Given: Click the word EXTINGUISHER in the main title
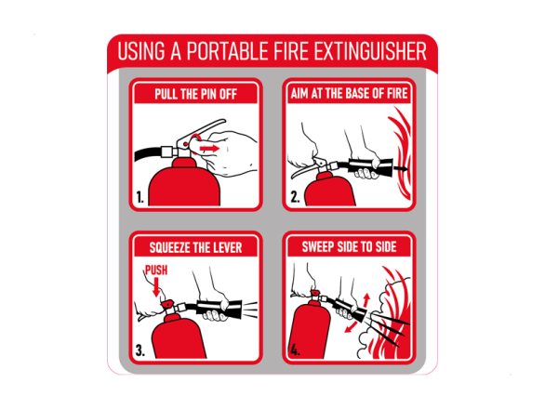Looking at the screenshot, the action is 370,51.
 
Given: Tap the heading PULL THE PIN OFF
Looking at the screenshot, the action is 195,94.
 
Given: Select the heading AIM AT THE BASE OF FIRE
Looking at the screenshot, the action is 349,94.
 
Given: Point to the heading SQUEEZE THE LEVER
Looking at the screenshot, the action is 195,248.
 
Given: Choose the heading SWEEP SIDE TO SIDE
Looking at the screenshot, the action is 349,246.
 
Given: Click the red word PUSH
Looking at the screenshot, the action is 156,270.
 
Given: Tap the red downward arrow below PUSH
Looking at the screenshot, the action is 156,287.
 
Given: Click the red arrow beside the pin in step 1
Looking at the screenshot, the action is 209,149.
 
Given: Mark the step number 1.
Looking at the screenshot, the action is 140,198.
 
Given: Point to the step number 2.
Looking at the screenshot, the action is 295,197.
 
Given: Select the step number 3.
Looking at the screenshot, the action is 140,350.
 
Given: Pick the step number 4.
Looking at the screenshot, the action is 295,350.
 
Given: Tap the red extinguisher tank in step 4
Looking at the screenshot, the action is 311,330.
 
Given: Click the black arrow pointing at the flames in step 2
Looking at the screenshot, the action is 401,168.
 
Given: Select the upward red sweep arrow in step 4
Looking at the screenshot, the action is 366,300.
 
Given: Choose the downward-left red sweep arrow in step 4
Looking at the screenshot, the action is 351,327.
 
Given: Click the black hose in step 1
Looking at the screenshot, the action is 149,153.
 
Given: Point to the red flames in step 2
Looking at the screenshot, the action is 401,152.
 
